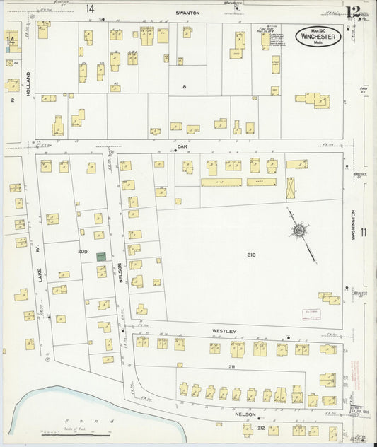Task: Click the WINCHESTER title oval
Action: pos(318,37)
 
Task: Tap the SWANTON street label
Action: pos(187,13)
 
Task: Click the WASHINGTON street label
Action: pos(351,226)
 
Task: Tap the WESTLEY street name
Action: pos(224,330)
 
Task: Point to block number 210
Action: pos(251,254)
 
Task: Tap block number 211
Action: pos(231,368)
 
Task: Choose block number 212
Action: pos(260,428)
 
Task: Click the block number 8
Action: pos(183,86)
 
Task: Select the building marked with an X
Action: pos(291,188)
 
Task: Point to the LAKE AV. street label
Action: pos(42,265)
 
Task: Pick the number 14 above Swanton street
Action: pos(90,8)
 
